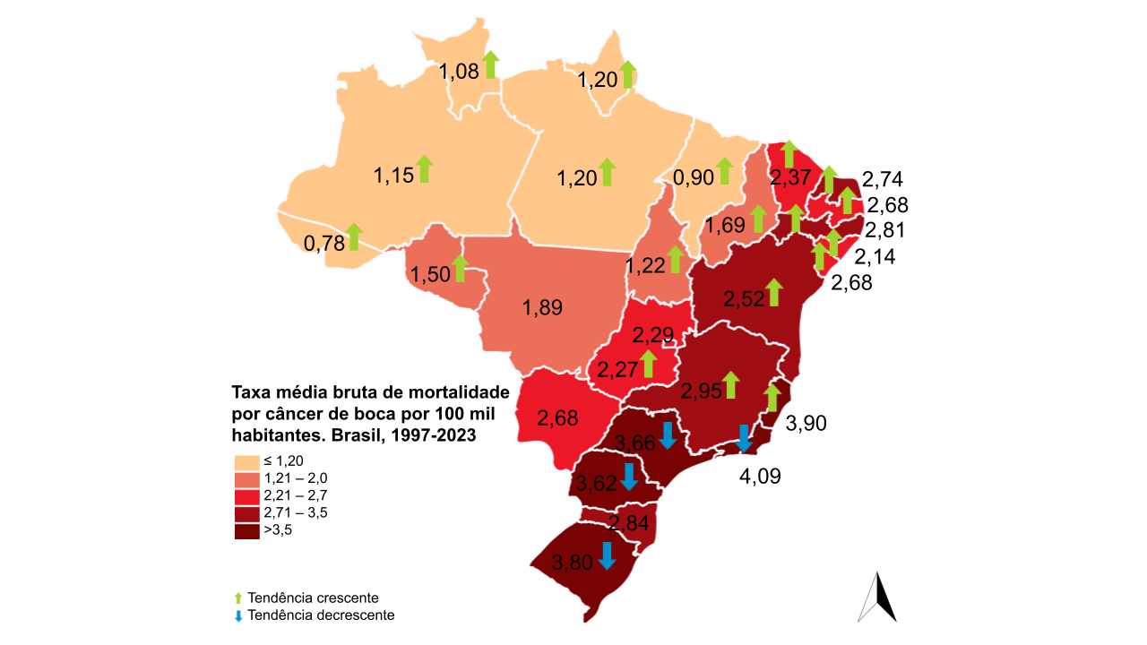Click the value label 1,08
coord(458,72)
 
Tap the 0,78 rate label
coord(323,243)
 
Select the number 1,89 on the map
coord(542,308)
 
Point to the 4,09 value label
coord(760,476)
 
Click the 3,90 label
coord(805,424)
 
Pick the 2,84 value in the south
coord(628,523)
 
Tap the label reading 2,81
coord(885,230)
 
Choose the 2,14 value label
coord(875,258)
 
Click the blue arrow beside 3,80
coord(607,555)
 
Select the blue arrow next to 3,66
coord(667,435)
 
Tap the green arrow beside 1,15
coord(425,168)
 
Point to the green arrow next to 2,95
coord(730,384)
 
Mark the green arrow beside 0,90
coord(724,170)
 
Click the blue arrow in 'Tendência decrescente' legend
coord(238,616)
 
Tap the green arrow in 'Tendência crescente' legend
coord(238,598)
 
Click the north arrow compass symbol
coord(877,597)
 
